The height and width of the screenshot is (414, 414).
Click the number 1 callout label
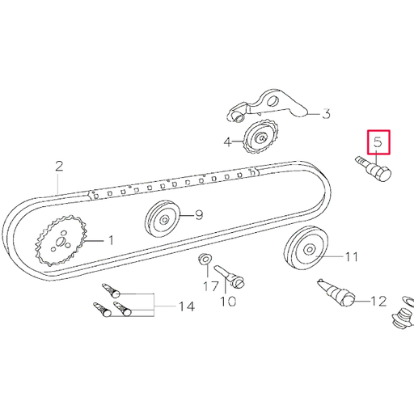(x=111, y=240)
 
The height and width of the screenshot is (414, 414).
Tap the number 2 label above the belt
(x=59, y=167)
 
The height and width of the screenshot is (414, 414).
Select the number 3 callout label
(x=327, y=114)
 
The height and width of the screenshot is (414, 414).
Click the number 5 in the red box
(x=378, y=143)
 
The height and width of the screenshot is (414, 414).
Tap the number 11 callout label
(x=350, y=258)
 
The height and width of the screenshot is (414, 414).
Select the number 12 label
(x=378, y=302)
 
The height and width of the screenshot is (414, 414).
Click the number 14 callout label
(x=186, y=306)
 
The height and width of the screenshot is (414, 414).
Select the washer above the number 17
(x=205, y=260)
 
